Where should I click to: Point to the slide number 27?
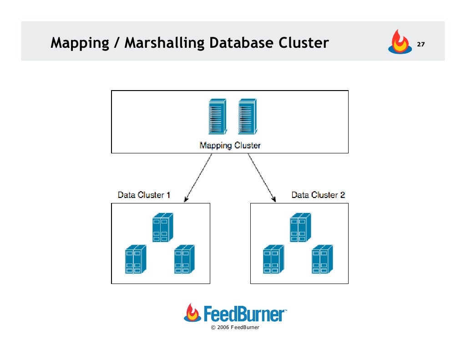421,45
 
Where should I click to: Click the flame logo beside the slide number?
399,42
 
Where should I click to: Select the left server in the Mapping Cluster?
217,117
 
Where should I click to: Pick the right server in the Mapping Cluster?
247,117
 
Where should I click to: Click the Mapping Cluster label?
230,146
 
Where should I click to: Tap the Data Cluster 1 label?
144,195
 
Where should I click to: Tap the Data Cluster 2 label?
318,195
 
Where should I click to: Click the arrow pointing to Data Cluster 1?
198,177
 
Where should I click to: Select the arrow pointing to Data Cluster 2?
262,177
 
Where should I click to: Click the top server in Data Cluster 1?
162,227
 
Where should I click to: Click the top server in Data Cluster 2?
300,227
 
